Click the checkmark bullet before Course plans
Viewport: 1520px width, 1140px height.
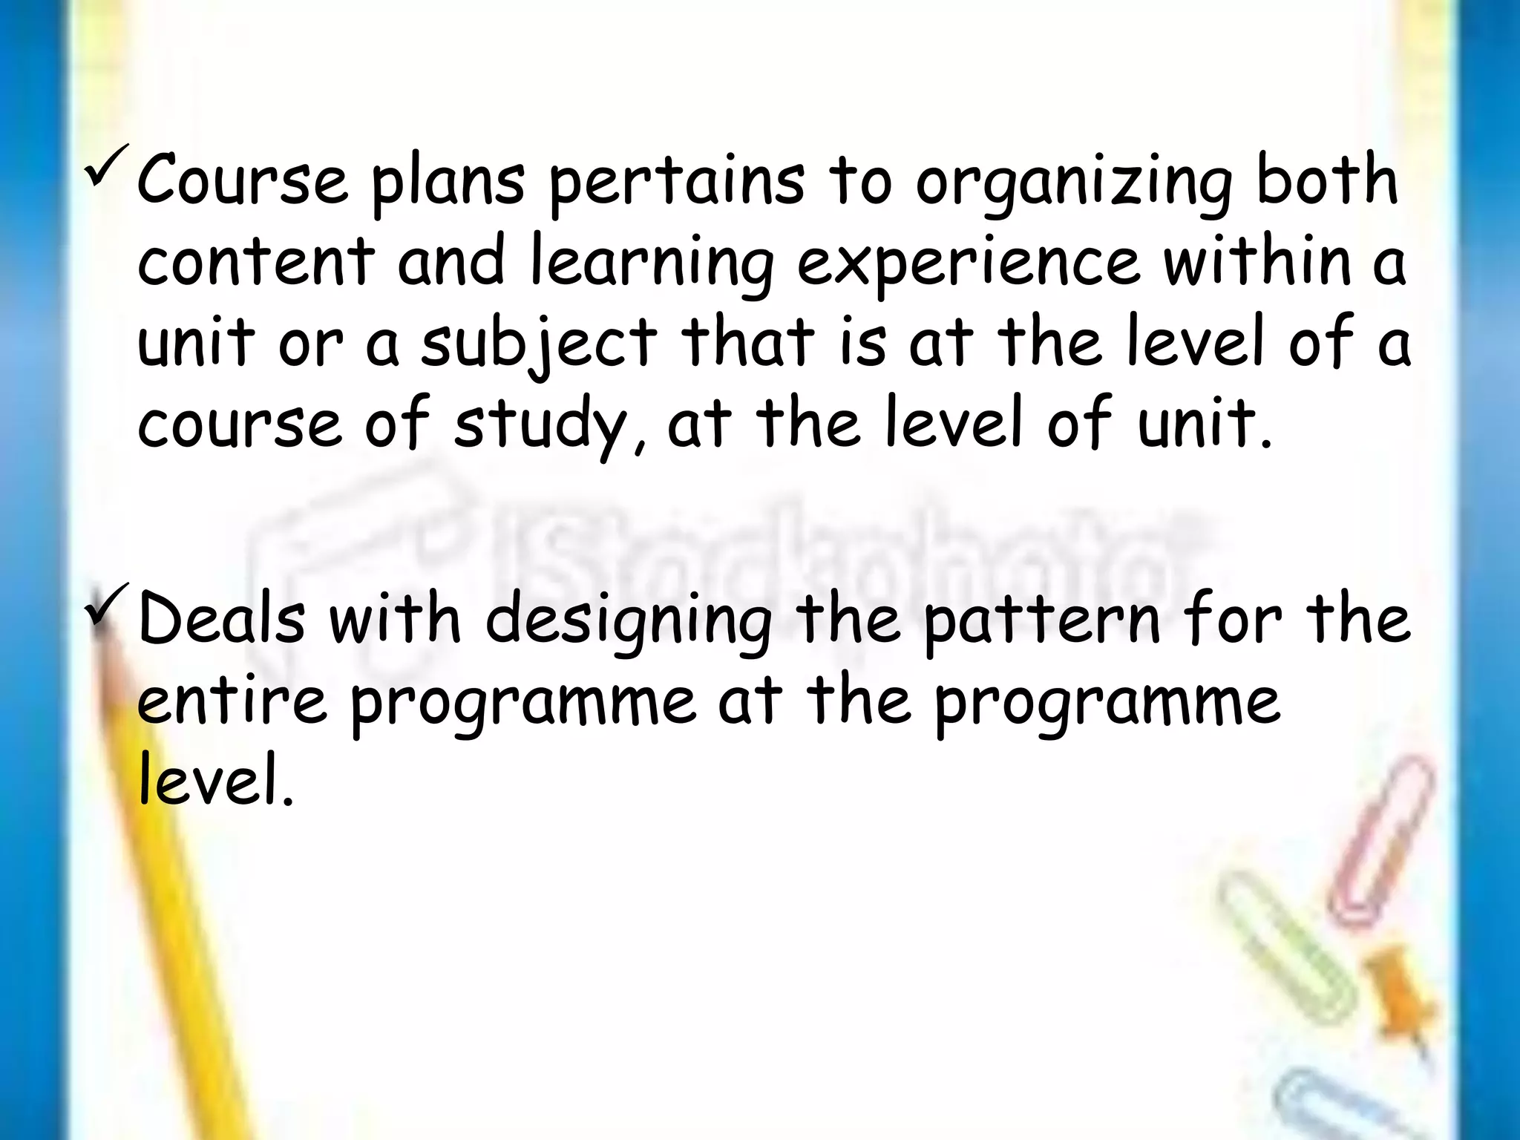click(107, 167)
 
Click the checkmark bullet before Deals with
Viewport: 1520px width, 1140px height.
click(107, 605)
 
